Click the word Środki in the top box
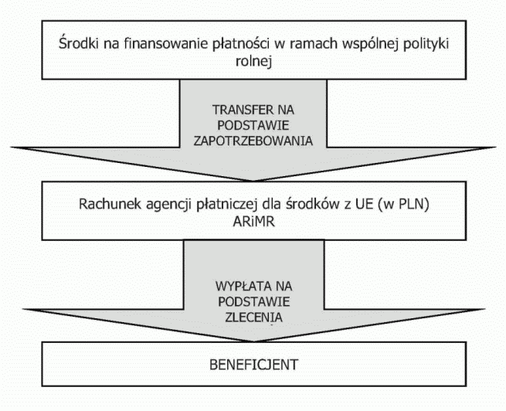pos(79,43)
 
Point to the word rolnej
pos(253,61)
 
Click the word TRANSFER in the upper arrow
pos(239,110)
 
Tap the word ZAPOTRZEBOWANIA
pos(253,141)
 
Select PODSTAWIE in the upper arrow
pos(253,125)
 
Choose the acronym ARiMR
pos(254,222)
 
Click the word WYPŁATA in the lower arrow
pos(240,286)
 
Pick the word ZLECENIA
pos(253,318)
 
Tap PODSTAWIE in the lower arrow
pos(254,302)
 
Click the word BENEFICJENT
pos(253,365)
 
